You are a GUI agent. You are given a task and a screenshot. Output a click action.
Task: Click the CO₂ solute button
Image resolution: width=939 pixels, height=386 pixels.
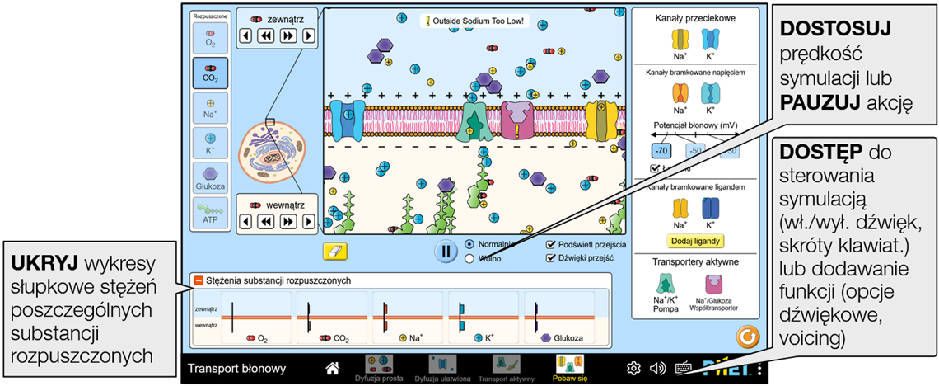click(x=210, y=73)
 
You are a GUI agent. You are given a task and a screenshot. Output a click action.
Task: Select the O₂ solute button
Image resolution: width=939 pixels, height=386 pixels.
click(x=210, y=37)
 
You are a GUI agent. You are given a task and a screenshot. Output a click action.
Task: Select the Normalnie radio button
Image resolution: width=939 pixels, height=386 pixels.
click(x=469, y=244)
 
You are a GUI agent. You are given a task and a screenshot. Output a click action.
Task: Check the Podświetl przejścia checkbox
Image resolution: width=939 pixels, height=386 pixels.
click(x=551, y=244)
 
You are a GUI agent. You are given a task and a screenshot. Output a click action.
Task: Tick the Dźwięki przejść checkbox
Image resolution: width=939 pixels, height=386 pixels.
click(x=551, y=257)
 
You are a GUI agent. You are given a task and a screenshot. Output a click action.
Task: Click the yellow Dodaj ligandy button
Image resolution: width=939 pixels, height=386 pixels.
click(x=696, y=242)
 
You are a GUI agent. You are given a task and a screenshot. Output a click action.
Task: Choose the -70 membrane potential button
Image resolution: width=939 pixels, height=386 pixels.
click(x=661, y=151)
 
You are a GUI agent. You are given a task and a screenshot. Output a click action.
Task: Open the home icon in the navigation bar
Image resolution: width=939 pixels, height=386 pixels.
click(x=333, y=368)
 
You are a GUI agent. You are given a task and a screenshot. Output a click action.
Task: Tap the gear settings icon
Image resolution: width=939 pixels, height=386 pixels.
click(x=633, y=368)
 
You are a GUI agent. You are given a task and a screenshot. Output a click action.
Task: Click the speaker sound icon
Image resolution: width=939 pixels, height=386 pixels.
click(x=657, y=368)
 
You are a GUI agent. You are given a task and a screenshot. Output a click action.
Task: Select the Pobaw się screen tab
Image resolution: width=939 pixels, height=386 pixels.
click(x=570, y=368)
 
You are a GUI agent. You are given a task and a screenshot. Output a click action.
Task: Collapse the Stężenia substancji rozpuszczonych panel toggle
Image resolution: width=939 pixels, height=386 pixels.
click(x=199, y=280)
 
